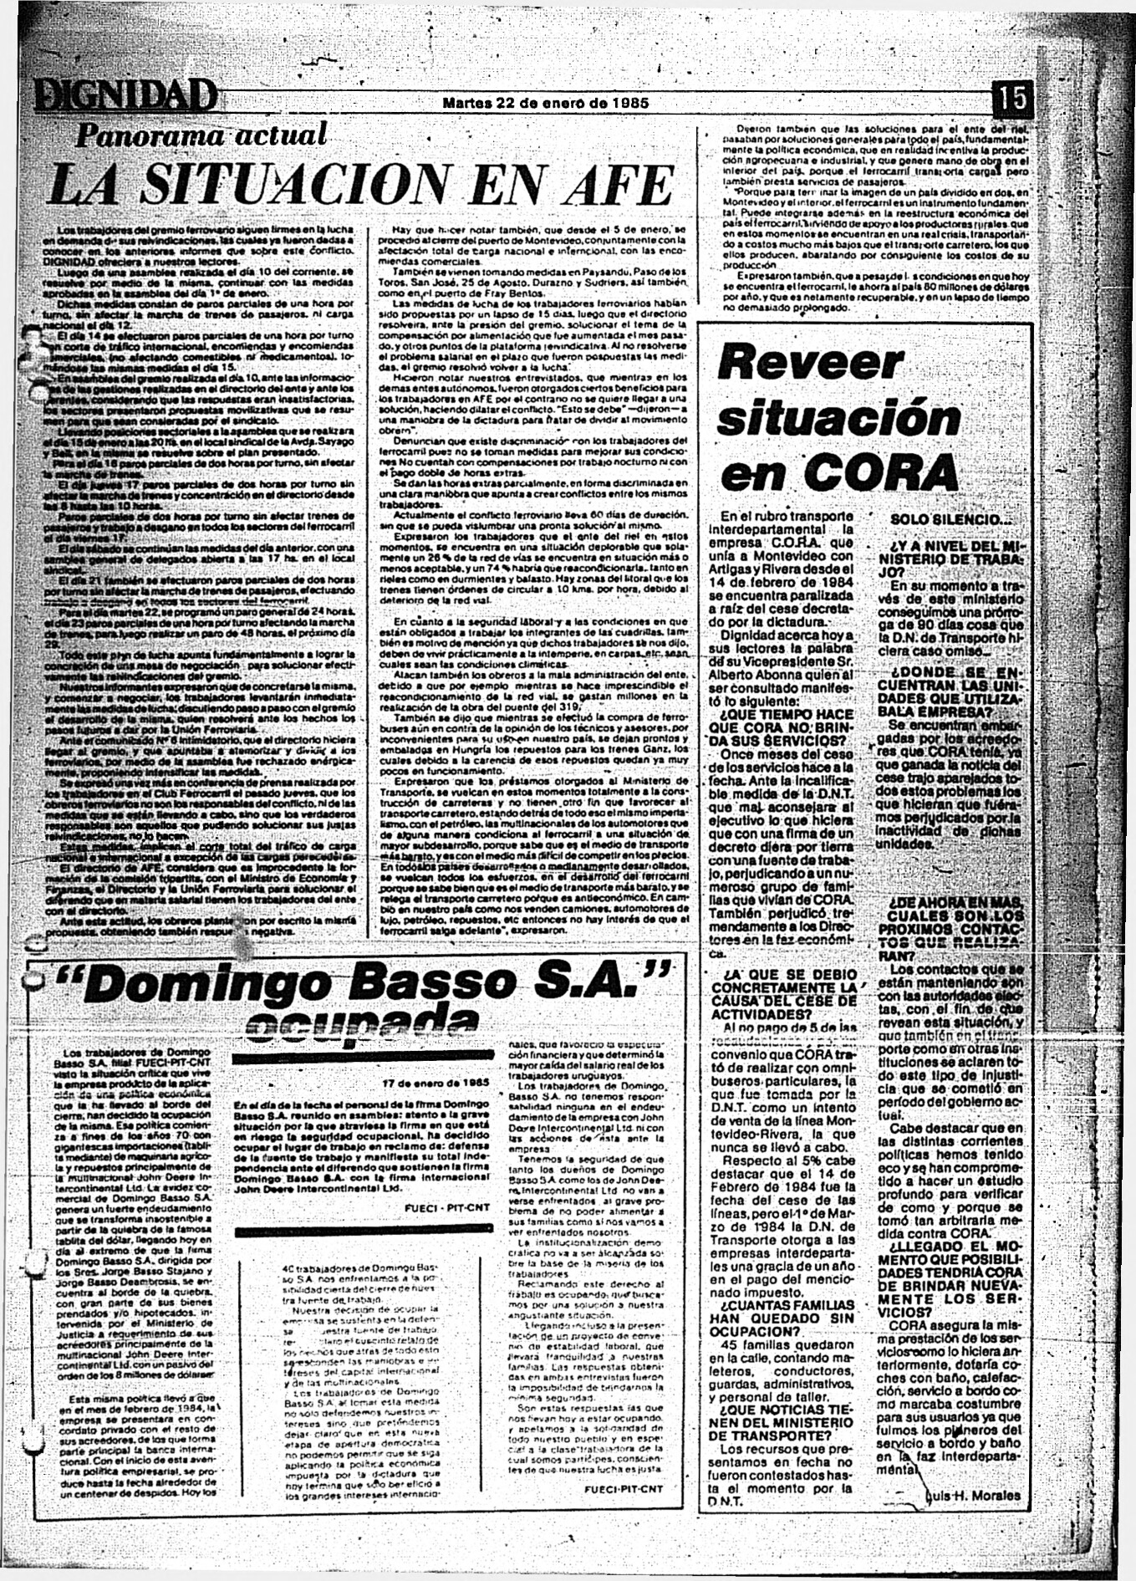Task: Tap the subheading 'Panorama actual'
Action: (201, 136)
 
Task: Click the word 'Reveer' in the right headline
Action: (810, 363)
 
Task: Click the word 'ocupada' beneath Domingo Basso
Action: (350, 1023)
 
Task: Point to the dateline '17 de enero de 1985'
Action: (435, 1081)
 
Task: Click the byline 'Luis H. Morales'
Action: (975, 1495)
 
